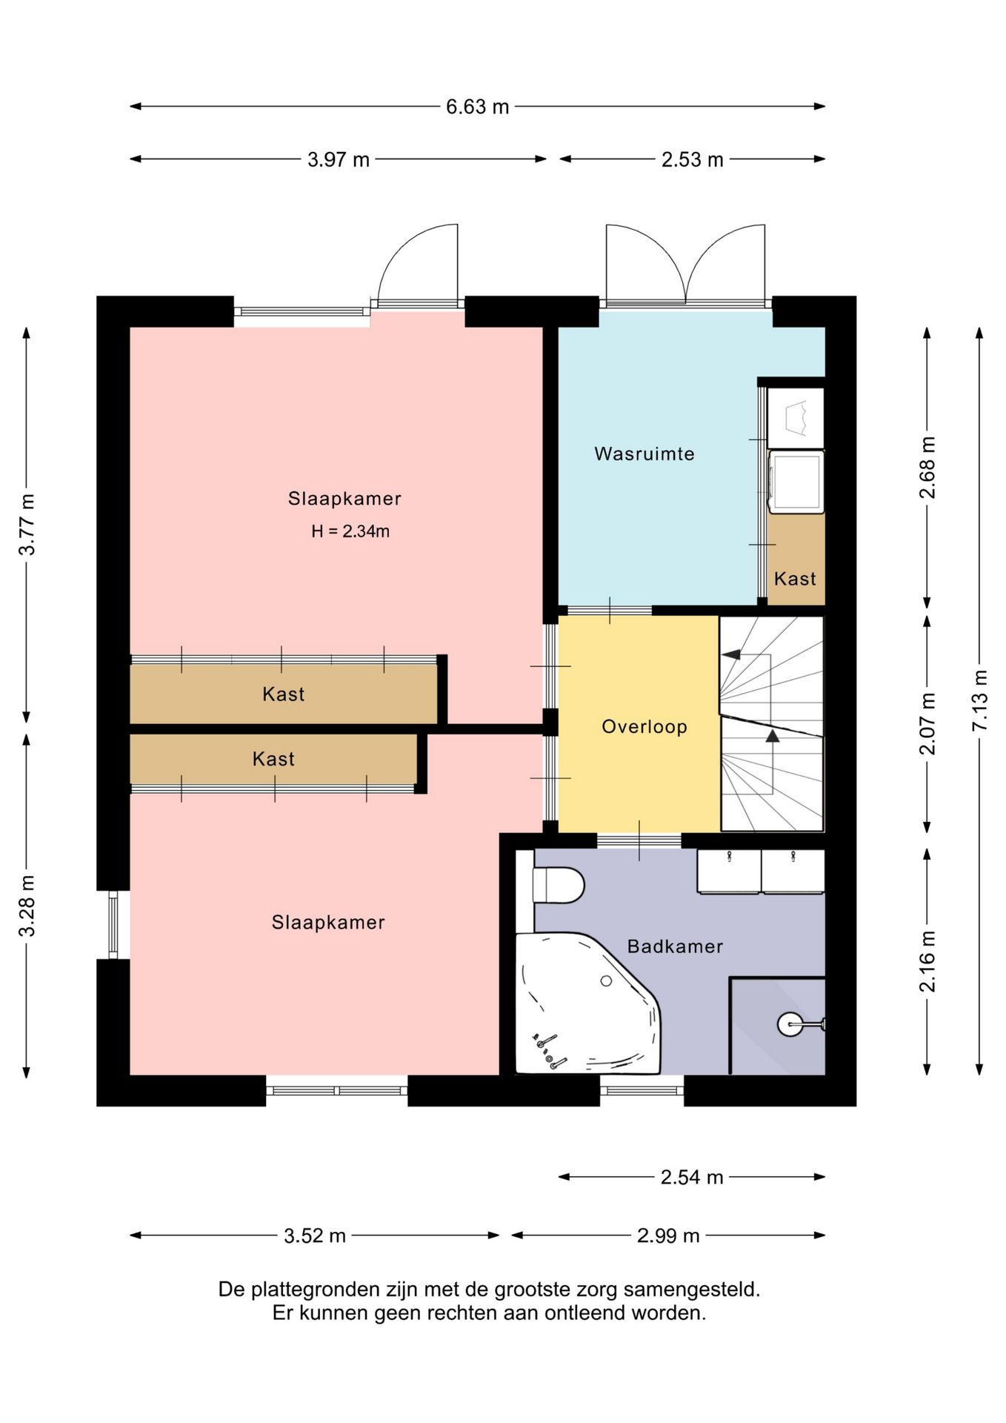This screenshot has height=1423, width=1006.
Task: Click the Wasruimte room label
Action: tap(644, 454)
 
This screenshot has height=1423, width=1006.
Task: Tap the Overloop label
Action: tap(644, 727)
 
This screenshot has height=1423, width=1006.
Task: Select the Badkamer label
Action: tap(675, 946)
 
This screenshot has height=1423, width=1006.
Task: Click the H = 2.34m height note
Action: tap(350, 531)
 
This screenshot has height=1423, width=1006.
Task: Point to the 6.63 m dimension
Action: tap(477, 107)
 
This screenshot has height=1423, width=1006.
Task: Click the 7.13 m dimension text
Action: tap(979, 700)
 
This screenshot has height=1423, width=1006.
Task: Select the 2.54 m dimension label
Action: tap(692, 1177)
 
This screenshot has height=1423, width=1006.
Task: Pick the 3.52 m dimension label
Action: tap(315, 1235)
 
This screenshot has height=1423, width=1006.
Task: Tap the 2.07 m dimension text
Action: tap(927, 724)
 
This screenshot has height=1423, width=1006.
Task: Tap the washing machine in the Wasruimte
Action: tap(796, 482)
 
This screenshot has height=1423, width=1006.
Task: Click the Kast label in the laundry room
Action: tap(795, 579)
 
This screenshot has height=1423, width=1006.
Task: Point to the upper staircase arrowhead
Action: tap(730, 654)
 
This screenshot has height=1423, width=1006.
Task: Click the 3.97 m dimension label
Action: tap(339, 159)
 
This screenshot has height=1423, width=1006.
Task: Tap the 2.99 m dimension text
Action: tap(668, 1235)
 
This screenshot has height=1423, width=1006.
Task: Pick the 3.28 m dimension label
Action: tap(27, 906)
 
